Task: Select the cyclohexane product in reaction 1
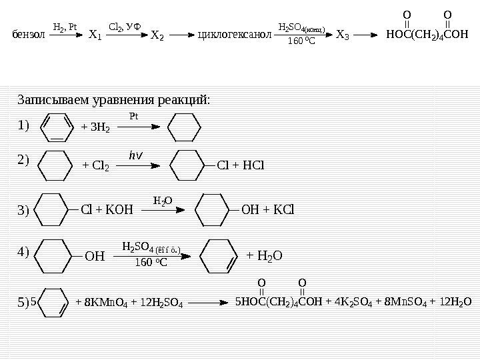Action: click(184, 127)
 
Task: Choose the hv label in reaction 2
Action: click(135, 155)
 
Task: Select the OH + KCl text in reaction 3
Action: click(267, 211)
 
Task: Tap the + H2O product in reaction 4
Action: click(265, 255)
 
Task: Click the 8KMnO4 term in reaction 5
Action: click(101, 302)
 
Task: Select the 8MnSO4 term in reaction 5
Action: click(403, 301)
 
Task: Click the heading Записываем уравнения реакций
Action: click(113, 100)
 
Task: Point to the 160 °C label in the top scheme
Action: click(300, 44)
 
